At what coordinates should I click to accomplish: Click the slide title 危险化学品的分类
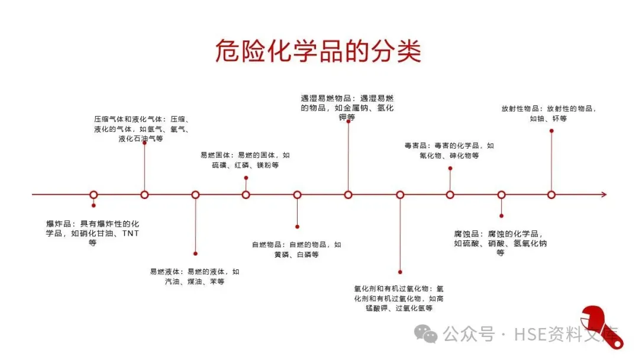coord(318,51)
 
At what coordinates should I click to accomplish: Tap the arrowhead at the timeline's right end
coord(603,194)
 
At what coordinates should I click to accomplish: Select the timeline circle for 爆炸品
coord(93,194)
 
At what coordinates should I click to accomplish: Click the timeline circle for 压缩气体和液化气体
coord(144,194)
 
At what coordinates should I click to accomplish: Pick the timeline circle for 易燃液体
coord(195,194)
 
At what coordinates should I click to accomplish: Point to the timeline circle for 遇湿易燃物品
coord(348,194)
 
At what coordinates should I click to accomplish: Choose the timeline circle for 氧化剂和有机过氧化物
coord(400,194)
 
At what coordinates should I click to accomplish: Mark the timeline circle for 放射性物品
coord(551,194)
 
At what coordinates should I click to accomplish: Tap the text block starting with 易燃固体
coord(245,160)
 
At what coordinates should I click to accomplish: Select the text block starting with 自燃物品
coord(296,249)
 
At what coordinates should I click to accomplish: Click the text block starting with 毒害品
coord(449,150)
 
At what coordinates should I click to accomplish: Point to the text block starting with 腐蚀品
coord(501,243)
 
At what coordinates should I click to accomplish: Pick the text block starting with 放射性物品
coord(548,113)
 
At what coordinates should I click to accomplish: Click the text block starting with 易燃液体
coord(195,277)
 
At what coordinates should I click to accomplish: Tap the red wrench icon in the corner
coord(601,327)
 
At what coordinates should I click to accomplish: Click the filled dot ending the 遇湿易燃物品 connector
coord(348,121)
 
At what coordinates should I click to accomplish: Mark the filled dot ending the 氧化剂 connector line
coord(400,272)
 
